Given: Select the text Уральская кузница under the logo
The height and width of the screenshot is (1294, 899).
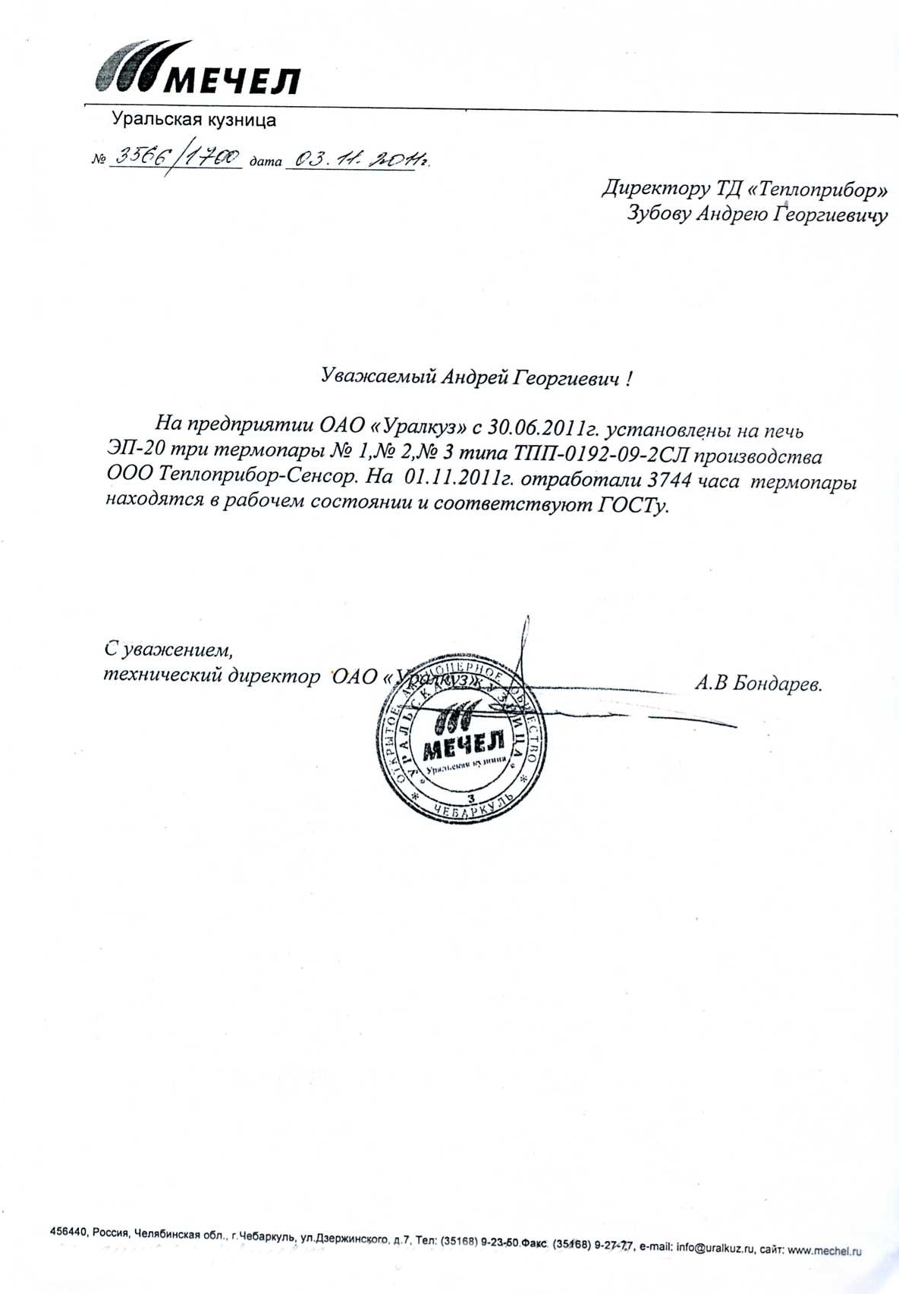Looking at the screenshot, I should (193, 120).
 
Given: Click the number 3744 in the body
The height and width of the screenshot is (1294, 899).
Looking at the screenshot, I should (668, 481).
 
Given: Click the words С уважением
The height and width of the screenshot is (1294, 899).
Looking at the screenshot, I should (168, 649).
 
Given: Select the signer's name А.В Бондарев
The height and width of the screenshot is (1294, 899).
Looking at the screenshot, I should (758, 684).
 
